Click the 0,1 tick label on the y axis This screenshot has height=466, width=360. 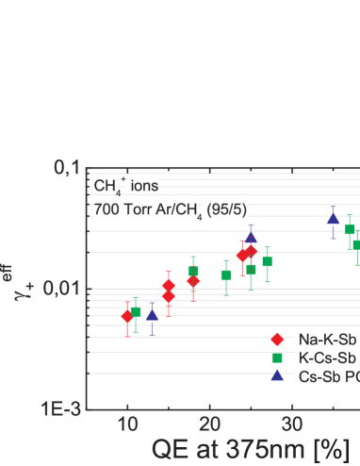pyautogui.click(x=67, y=170)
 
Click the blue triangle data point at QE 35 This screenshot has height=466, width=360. pyautogui.click(x=333, y=219)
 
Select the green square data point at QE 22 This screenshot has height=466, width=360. pyautogui.click(x=226, y=275)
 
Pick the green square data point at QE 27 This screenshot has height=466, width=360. pyautogui.click(x=267, y=262)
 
